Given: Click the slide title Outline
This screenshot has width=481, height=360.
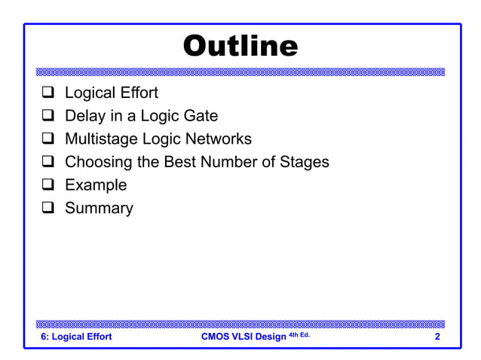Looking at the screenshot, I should pos(240,46).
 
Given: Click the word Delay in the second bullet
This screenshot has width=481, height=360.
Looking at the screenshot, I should pos(85,116).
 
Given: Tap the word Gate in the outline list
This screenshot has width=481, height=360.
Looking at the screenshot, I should pos(201,116).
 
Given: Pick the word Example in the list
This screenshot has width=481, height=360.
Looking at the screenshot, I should pos(96,185).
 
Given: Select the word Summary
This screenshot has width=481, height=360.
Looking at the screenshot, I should pos(99,208).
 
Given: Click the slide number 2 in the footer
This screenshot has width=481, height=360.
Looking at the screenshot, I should pos(437,337).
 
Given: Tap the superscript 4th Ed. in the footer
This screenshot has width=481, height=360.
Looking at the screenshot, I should pos(299,334).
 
